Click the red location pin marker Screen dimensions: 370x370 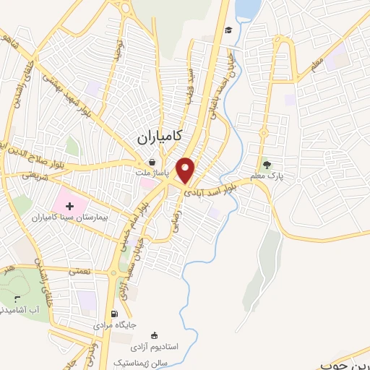[x=186, y=169]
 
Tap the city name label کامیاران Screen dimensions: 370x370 [x=159, y=135]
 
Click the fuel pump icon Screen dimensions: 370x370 [x=114, y=314]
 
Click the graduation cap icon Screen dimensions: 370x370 [x=228, y=30]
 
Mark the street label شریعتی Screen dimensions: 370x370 [x=33, y=174]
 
